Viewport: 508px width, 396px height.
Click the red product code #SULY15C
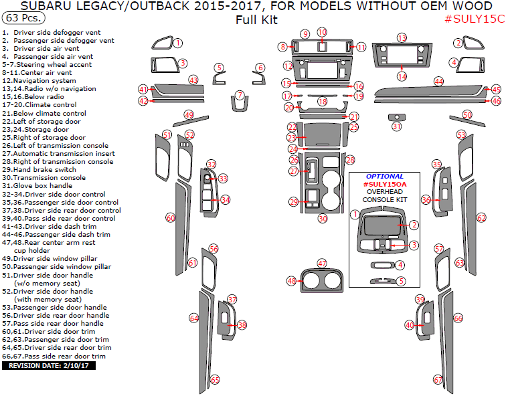point(475,19)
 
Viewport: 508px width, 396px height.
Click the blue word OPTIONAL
point(385,177)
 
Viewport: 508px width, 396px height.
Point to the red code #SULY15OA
point(385,184)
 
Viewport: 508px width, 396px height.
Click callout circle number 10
point(322,32)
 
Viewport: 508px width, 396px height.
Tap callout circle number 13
point(402,38)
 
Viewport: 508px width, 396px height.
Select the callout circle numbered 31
point(397,126)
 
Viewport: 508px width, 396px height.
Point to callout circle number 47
point(322,264)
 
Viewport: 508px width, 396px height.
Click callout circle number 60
point(171,218)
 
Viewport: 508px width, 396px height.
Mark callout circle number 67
point(438,380)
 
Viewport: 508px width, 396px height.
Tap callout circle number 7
point(240,95)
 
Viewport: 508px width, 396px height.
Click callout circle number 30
point(323,219)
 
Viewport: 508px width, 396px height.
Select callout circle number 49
point(189,115)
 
